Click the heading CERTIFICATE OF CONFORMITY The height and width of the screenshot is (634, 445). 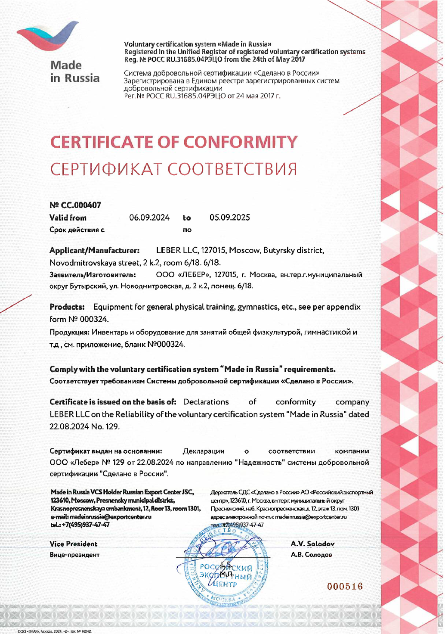[174, 142]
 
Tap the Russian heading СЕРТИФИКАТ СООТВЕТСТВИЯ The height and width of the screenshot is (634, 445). [173, 169]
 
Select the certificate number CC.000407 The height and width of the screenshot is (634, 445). [75, 205]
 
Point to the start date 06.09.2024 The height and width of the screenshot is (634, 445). [149, 218]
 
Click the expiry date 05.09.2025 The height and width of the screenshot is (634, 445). [229, 218]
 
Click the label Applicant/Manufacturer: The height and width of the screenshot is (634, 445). [94, 250]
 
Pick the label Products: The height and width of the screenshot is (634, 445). [67, 307]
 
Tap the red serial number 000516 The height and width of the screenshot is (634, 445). [345, 587]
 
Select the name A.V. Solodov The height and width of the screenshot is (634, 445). [312, 544]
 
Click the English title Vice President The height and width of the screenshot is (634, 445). [73, 544]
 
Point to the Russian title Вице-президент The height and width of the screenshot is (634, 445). [74, 555]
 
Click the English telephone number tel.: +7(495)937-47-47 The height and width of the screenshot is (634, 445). [80, 525]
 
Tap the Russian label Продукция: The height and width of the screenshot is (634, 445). [69, 332]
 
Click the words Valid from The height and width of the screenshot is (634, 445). [68, 218]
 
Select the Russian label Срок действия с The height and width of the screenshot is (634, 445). [77, 230]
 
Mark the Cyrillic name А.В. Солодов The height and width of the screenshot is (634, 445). [311, 555]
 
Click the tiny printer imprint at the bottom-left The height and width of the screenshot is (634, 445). [54, 631]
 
